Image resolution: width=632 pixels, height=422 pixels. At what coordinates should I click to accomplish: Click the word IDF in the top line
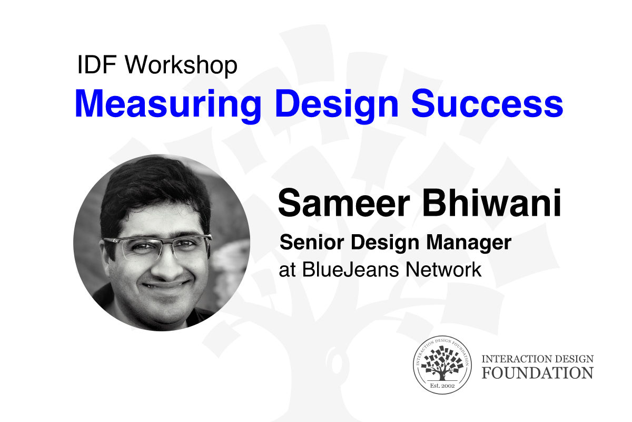click(97, 64)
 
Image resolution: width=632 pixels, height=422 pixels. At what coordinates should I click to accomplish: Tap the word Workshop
click(181, 66)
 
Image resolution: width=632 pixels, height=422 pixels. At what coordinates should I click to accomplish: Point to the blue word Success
click(487, 103)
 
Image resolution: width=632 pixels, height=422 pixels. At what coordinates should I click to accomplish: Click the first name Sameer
click(344, 203)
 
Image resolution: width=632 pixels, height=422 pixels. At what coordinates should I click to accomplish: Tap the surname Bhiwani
click(491, 203)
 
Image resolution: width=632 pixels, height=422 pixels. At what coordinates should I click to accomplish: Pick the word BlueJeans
click(350, 270)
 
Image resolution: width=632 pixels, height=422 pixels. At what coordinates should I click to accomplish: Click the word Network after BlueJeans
click(443, 270)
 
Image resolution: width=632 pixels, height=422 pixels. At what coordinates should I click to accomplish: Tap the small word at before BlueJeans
click(287, 271)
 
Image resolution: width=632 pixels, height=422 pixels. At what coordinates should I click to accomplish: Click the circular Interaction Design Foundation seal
click(442, 365)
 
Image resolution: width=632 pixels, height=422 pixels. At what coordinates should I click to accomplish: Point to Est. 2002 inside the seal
click(442, 385)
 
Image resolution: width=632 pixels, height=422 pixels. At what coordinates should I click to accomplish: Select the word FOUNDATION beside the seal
click(538, 373)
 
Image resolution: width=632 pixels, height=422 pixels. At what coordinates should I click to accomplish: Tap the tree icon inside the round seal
click(442, 364)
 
